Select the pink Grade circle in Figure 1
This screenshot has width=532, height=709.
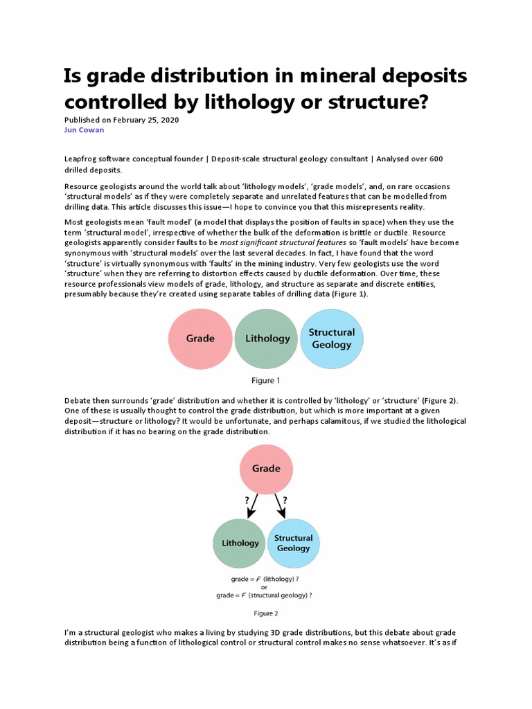(200, 339)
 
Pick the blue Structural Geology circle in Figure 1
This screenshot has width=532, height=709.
(331, 339)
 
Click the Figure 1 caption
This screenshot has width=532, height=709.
(266, 380)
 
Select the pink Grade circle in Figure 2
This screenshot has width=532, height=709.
(266, 469)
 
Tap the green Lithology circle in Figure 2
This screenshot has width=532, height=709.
(240, 543)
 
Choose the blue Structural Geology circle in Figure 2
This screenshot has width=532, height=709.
(293, 543)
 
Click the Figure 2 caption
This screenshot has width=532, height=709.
(266, 613)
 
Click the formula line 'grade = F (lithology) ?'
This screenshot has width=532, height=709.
(265, 577)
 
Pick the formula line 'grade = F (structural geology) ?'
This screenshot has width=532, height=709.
(265, 594)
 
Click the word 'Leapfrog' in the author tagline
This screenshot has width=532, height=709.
(82, 159)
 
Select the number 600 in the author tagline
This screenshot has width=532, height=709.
(436, 159)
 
